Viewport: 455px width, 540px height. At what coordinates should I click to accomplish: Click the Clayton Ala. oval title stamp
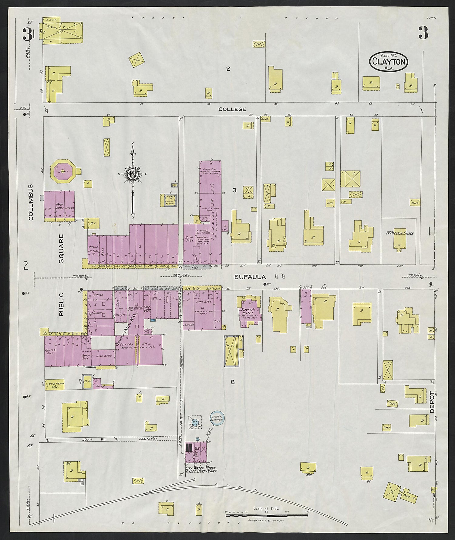(x=388, y=62)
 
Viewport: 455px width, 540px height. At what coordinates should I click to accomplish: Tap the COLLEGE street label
(x=232, y=109)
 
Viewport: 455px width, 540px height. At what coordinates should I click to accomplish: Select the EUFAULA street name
(x=250, y=277)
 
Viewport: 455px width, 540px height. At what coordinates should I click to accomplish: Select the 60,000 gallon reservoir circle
(x=217, y=419)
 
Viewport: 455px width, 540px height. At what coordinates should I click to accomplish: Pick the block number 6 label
(x=233, y=382)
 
